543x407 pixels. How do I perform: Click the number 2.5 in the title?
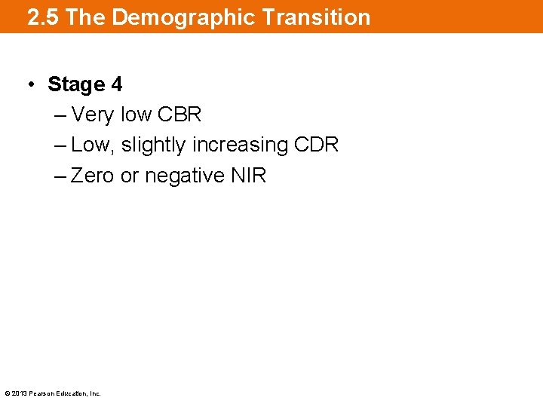coord(44,17)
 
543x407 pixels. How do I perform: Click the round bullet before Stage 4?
coord(30,84)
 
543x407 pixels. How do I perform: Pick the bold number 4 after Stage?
coord(116,84)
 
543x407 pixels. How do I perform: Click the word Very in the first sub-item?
coord(93,115)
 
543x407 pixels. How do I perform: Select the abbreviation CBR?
coord(179,115)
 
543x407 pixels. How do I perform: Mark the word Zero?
coord(93,176)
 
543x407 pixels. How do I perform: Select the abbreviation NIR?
coord(250,176)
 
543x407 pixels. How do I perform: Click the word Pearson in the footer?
coord(41,393)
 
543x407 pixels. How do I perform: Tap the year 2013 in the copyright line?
coord(19,393)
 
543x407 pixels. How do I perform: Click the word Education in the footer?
coord(72,393)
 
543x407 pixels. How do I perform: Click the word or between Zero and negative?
coord(130,176)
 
